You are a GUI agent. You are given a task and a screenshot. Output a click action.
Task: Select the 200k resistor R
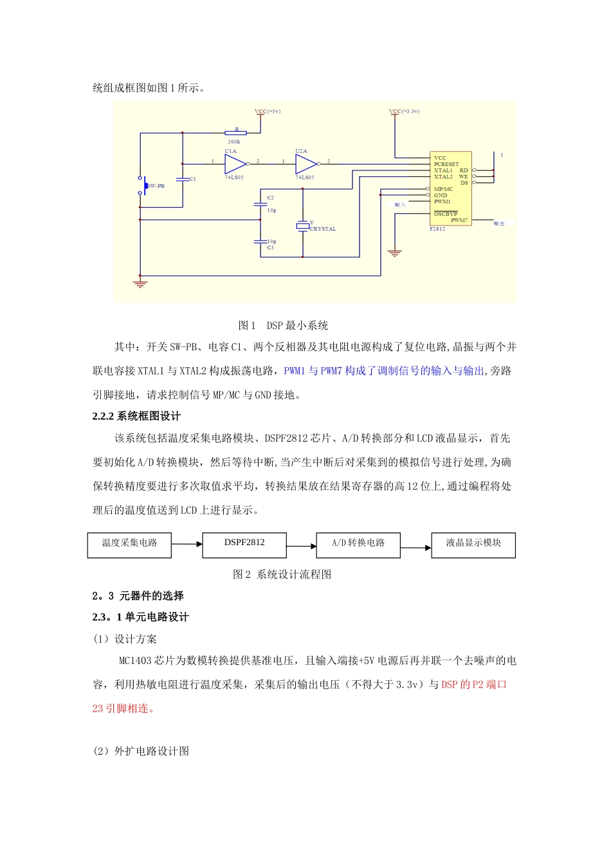click(x=235, y=133)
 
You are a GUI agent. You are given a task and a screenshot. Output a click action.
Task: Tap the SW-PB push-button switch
click(x=143, y=185)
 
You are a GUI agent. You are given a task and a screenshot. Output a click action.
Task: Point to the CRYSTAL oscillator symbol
click(x=303, y=226)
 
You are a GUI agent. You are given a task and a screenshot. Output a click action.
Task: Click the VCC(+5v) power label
click(x=268, y=112)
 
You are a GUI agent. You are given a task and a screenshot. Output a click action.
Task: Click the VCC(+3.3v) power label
click(x=404, y=112)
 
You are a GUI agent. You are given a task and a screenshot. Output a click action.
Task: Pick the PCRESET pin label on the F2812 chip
click(x=446, y=164)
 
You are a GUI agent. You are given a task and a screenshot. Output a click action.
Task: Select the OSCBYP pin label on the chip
click(x=445, y=214)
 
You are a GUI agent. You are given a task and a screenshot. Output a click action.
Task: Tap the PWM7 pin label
click(x=459, y=221)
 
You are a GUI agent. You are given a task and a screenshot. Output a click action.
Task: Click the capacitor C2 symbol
click(x=260, y=204)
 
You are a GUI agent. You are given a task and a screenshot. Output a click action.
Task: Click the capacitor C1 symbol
click(x=183, y=179)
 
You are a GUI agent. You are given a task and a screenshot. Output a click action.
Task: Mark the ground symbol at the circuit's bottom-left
click(x=140, y=283)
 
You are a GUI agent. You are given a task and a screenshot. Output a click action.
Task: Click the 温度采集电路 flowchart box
click(x=129, y=544)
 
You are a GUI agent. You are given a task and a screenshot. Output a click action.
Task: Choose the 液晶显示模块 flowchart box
click(x=473, y=544)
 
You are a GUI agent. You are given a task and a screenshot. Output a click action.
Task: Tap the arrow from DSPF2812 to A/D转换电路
click(x=301, y=546)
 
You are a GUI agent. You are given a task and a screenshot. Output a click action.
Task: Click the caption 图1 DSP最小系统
click(x=283, y=325)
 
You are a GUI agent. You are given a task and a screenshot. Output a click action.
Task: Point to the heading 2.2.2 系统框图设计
click(x=136, y=417)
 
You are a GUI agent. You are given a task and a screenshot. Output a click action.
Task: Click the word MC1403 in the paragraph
click(x=136, y=661)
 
